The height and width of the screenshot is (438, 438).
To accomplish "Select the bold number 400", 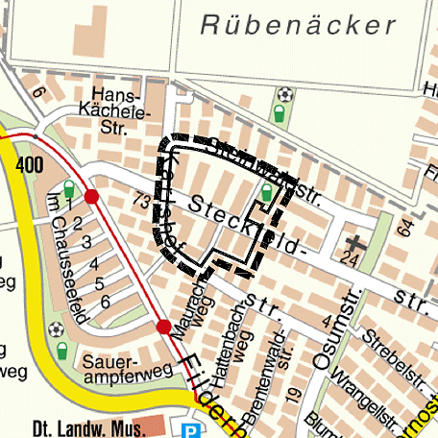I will [30, 165].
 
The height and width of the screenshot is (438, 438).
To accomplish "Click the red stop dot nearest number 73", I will [91, 197].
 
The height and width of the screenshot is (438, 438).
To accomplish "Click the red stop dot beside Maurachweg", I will [163, 327].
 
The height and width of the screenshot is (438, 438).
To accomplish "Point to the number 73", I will [142, 201].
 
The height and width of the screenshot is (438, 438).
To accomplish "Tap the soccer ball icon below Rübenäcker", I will [284, 95].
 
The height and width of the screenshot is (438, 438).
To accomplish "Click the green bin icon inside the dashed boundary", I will [266, 198].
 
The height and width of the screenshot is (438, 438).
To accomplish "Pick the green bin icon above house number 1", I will [67, 188].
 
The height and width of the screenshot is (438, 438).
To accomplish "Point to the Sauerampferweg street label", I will [127, 371].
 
